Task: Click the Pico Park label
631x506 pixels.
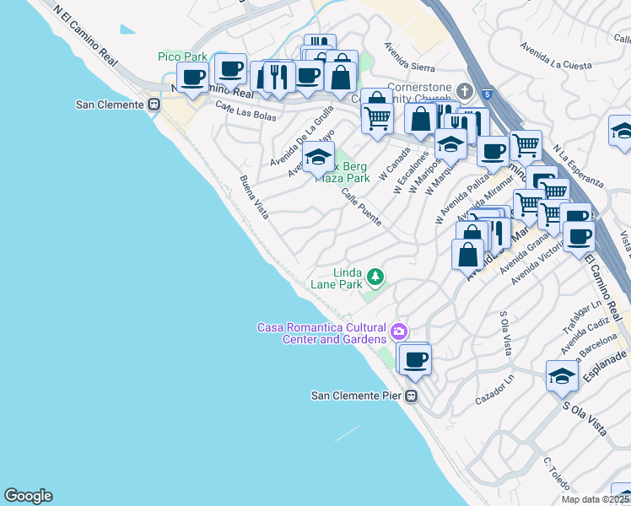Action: coord(182,57)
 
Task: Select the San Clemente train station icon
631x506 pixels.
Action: coord(154,105)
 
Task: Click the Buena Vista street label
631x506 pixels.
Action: coord(254,197)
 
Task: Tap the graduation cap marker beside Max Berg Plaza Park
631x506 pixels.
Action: coord(318,158)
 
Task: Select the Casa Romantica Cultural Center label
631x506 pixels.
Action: coord(321,333)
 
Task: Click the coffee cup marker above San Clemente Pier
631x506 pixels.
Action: coord(413,360)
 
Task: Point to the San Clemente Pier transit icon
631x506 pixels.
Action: coord(412,396)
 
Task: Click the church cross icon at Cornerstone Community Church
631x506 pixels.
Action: coord(464,90)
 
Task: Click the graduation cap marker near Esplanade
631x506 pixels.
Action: coord(562,375)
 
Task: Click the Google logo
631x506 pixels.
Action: coord(28,496)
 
